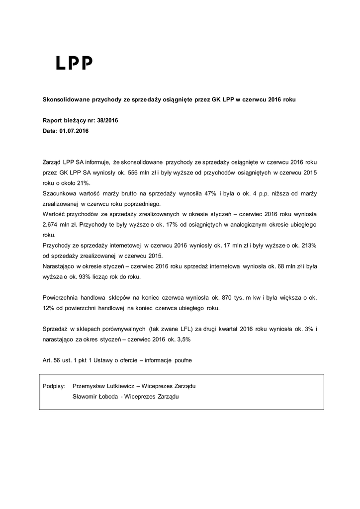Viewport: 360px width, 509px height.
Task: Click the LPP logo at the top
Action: click(x=74, y=63)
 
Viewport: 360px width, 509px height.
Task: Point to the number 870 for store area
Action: click(x=218, y=297)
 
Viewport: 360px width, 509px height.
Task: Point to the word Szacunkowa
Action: click(x=60, y=193)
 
